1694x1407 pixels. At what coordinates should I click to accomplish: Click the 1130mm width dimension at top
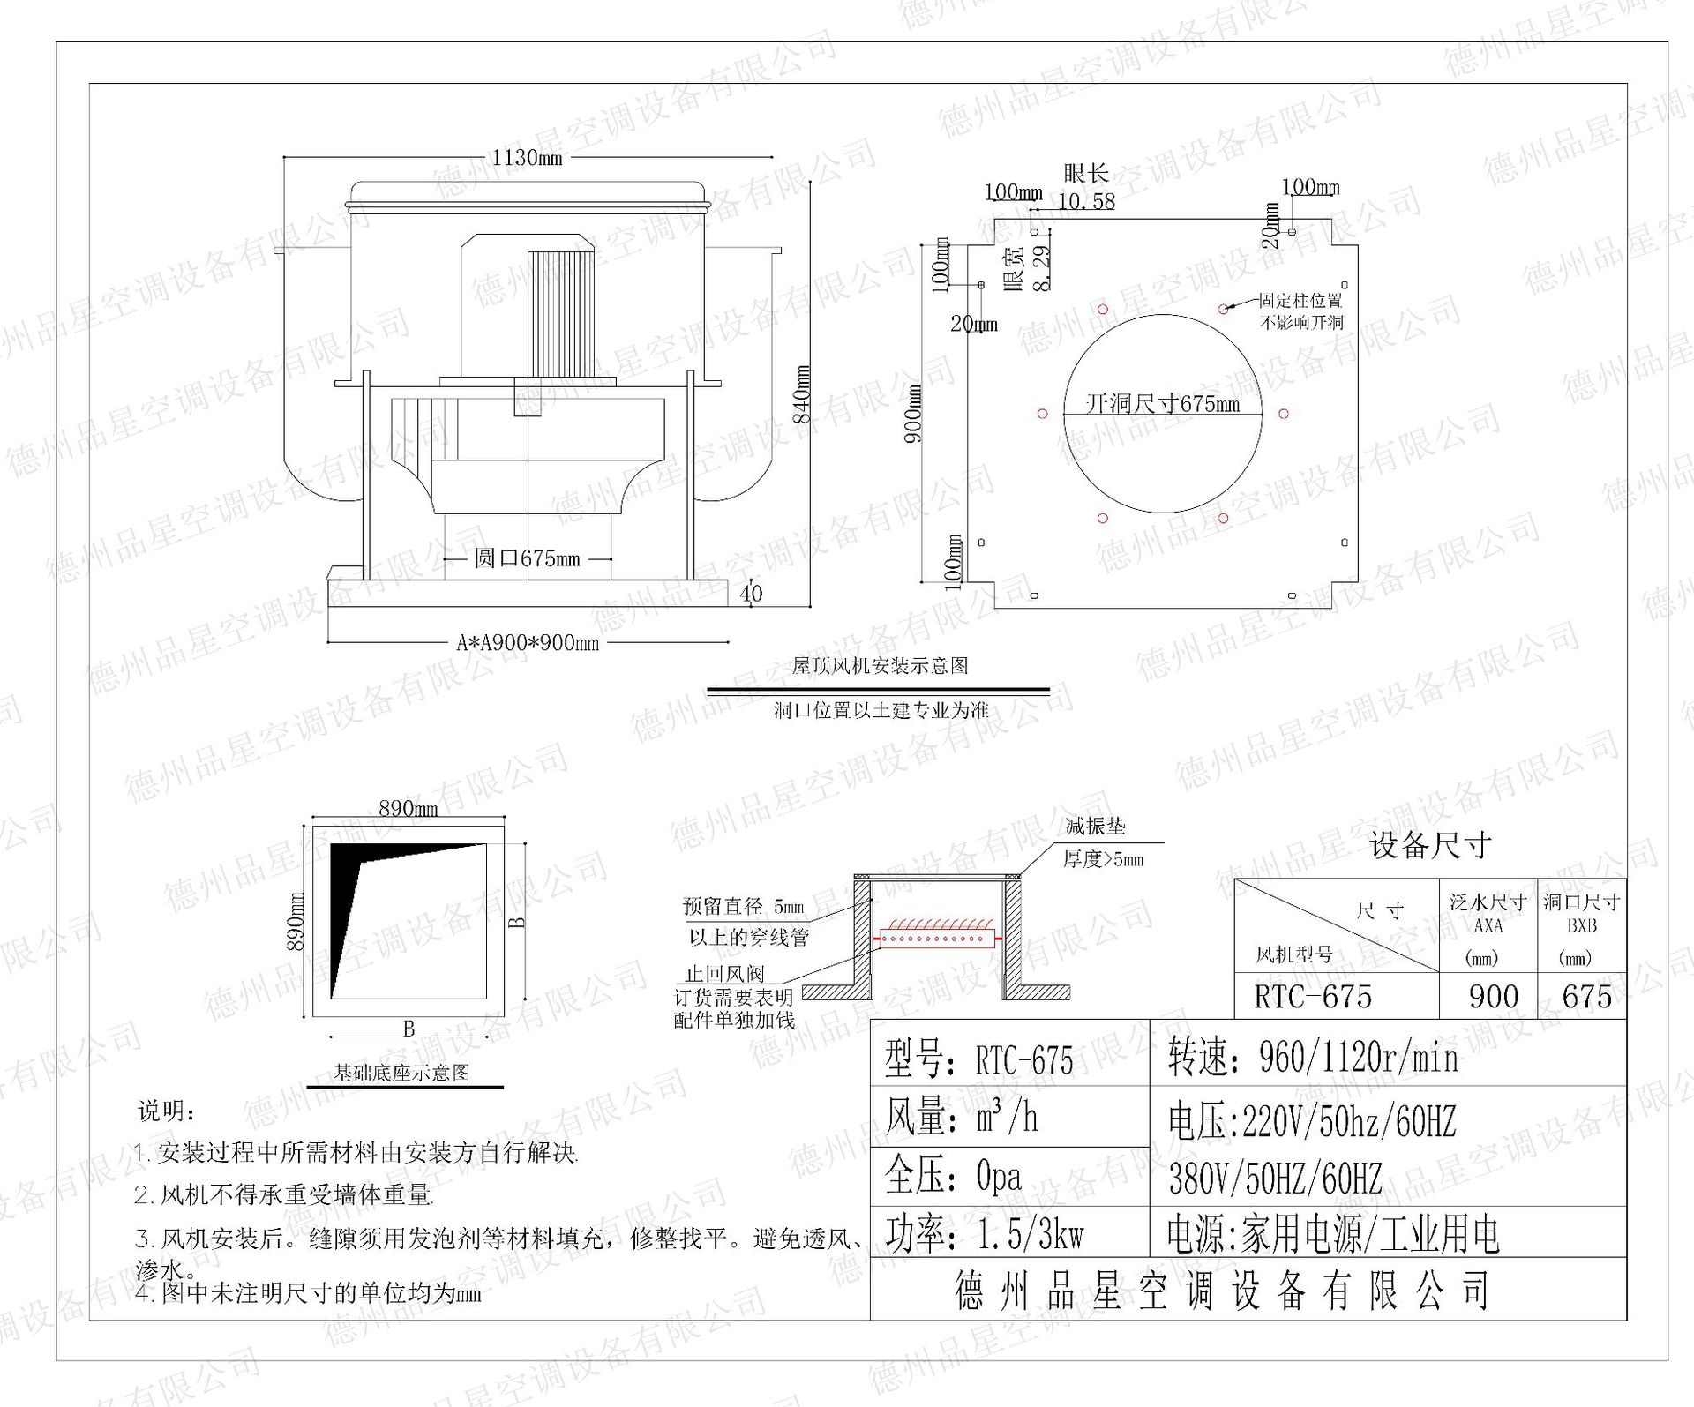(527, 158)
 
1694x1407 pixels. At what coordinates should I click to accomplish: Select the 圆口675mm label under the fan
(527, 558)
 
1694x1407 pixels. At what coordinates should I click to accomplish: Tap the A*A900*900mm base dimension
(527, 643)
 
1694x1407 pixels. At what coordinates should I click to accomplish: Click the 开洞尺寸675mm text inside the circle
(1162, 404)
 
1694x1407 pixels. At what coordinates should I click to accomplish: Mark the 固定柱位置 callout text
(1300, 301)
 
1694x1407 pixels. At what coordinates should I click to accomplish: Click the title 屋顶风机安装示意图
(880, 666)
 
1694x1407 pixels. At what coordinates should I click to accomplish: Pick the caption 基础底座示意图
(401, 1073)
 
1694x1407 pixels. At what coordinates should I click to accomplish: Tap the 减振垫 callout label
(1095, 827)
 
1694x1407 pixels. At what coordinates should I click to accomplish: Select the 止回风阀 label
(724, 974)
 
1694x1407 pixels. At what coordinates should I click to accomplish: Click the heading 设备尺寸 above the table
(1429, 845)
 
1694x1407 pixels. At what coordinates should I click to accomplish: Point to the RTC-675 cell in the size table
(1313, 997)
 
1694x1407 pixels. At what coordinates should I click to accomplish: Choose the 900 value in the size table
(1493, 997)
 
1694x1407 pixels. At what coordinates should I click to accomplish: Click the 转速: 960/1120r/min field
(1313, 1057)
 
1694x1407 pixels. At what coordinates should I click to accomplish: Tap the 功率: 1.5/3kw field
(984, 1234)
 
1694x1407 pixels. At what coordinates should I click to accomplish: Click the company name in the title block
(1222, 1291)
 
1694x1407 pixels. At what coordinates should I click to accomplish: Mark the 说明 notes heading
(168, 1111)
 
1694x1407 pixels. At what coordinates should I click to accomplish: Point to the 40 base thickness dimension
(751, 593)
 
